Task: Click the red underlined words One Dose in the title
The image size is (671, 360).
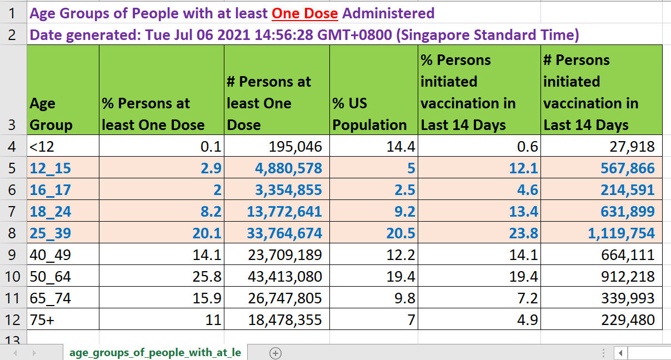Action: click(x=304, y=13)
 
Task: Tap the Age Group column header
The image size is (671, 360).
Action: click(x=51, y=114)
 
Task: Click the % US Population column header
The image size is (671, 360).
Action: click(x=369, y=114)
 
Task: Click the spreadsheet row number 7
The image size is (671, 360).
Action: click(x=13, y=212)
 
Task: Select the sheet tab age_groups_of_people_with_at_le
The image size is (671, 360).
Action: click(x=155, y=353)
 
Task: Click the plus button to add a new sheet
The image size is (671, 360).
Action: click(x=276, y=353)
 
